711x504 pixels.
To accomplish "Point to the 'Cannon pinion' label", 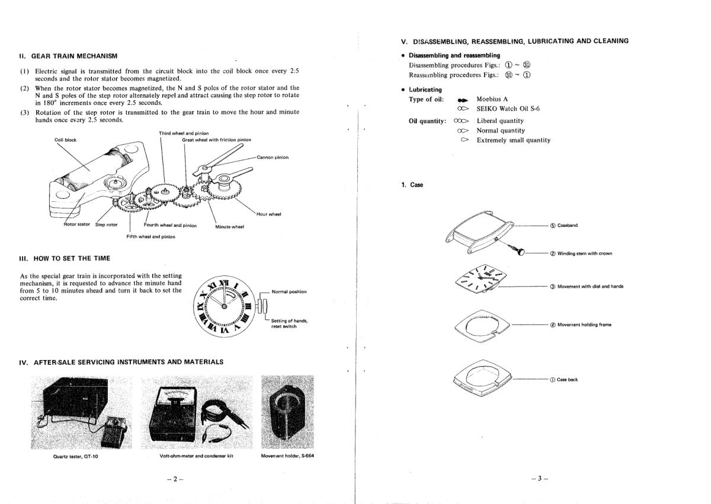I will (x=273, y=158).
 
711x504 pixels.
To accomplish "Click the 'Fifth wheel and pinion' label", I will (x=150, y=236).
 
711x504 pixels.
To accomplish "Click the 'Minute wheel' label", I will (x=230, y=226).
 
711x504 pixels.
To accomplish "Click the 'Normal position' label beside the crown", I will (x=289, y=291).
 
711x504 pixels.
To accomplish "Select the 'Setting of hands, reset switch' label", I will (x=289, y=323).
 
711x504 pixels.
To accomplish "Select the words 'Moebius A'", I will (x=492, y=99).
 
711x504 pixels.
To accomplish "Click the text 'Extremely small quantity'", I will (x=513, y=140).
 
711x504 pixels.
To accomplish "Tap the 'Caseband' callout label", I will (x=568, y=226).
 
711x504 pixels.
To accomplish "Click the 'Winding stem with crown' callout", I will (x=581, y=253).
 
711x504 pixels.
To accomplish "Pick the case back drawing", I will (x=479, y=380).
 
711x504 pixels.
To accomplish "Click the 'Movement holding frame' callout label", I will (x=580, y=325).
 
